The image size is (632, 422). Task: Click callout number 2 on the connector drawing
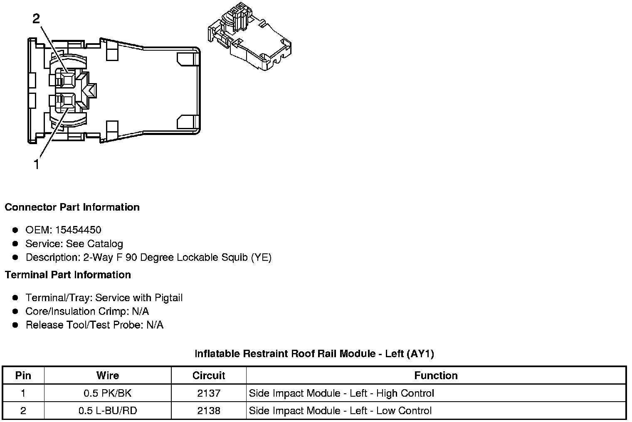tap(37, 19)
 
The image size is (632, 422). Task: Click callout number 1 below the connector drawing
tap(37, 164)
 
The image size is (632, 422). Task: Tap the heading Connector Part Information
tap(72, 207)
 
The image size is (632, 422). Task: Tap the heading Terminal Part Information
tap(68, 275)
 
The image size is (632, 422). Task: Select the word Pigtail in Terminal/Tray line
tap(168, 298)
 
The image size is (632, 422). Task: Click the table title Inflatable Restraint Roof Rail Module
tap(314, 354)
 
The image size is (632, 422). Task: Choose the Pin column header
tap(23, 375)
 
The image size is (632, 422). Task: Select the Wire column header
tap(107, 375)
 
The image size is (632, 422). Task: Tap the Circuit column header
tap(208, 375)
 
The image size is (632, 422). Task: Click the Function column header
tap(436, 375)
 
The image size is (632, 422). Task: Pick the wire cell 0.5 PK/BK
tap(107, 393)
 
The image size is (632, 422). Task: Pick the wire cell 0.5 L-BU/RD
tap(107, 411)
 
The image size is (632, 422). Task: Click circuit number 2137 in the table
tap(208, 393)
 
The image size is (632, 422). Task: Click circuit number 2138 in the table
tap(208, 411)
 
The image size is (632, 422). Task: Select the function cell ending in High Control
tap(341, 393)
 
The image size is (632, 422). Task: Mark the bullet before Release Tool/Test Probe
tap(15, 325)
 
